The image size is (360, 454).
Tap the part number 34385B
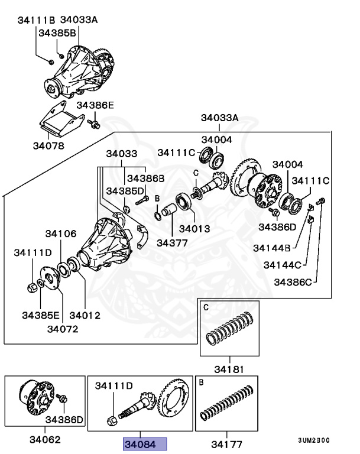(57, 33)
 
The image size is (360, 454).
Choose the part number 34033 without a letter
(121, 154)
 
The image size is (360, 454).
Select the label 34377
(171, 242)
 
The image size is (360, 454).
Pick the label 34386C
(293, 283)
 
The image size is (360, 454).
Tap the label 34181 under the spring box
(228, 369)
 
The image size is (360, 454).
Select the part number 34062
(45, 440)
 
